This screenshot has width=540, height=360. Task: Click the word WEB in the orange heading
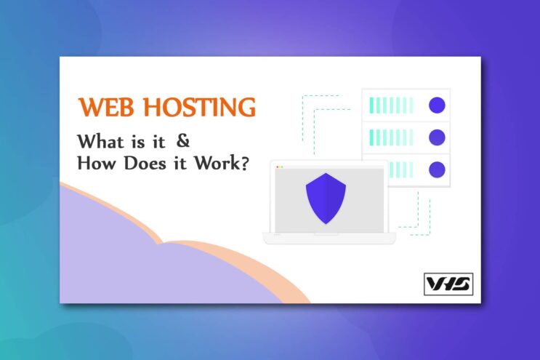click(106, 107)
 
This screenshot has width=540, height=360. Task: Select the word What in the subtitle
click(100, 141)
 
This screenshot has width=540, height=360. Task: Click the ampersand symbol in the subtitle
click(183, 140)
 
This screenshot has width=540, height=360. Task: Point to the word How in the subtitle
click(97, 163)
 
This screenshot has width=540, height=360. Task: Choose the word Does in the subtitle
click(145, 163)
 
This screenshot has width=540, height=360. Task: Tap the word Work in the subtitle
click(217, 163)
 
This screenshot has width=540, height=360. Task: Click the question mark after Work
click(244, 163)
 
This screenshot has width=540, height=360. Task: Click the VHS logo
click(448, 284)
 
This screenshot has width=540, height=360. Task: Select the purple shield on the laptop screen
click(326, 199)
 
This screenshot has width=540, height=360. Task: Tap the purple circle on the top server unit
click(437, 105)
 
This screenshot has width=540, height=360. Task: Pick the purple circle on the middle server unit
click(437, 137)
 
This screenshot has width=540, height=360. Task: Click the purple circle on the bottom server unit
click(437, 169)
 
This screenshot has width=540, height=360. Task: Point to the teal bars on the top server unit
click(391, 105)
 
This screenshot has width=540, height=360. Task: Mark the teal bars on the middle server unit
click(391, 137)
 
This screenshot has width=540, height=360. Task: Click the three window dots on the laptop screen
click(280, 167)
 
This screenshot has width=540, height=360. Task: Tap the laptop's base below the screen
click(329, 238)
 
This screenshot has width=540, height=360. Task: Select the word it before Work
click(180, 163)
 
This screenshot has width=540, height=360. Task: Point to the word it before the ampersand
click(158, 142)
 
